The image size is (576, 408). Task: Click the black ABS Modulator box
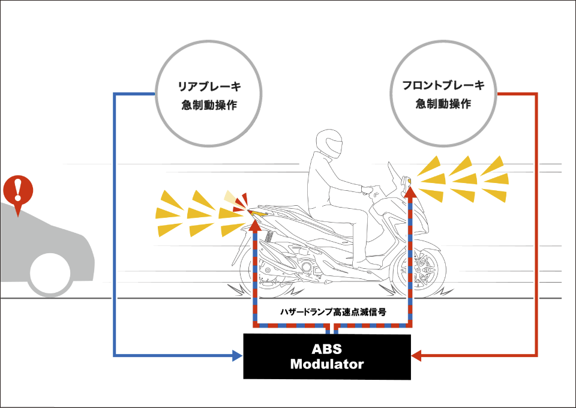pyautogui.click(x=327, y=356)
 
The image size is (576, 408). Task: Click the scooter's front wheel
pyautogui.click(x=418, y=269)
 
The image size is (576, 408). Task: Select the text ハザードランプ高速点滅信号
pyautogui.click(x=333, y=312)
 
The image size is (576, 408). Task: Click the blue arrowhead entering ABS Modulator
pyautogui.click(x=237, y=356)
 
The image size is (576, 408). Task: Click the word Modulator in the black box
pyautogui.click(x=327, y=364)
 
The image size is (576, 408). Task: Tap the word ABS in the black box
pyautogui.click(x=327, y=349)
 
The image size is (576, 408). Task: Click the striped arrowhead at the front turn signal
pyautogui.click(x=411, y=193)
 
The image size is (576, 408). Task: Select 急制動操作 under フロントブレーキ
pyautogui.click(x=443, y=104)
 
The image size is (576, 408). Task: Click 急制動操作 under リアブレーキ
pyautogui.click(x=209, y=105)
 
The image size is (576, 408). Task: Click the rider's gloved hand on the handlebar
pyautogui.click(x=366, y=190)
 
